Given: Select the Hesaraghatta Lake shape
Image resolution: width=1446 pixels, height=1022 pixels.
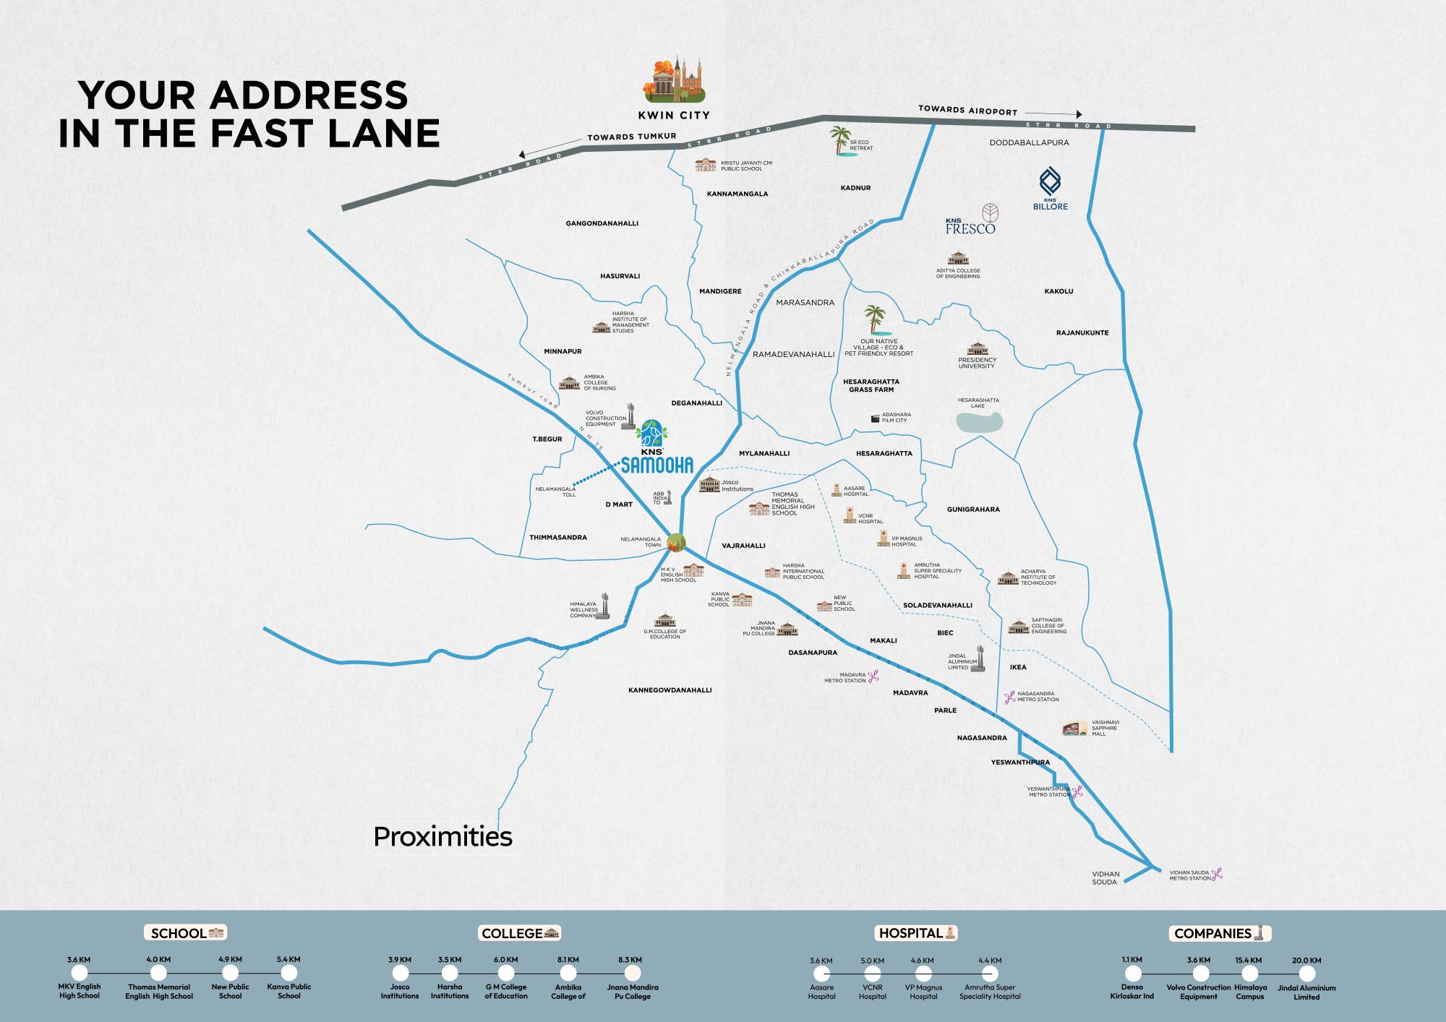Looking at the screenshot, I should [980, 421].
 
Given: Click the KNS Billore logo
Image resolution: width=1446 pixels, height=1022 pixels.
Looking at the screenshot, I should [1050, 189].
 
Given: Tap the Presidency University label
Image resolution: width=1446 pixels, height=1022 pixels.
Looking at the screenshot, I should [977, 363].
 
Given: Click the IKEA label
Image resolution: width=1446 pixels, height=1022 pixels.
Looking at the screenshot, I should [1018, 667].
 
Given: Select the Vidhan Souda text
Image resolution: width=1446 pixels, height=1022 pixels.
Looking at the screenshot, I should [1105, 877].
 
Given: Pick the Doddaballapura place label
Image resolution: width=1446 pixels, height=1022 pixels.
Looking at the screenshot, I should [1029, 142].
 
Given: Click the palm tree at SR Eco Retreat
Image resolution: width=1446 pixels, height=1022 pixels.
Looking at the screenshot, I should [840, 141].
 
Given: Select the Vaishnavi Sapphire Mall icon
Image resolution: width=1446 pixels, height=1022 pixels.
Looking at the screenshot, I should [1074, 728].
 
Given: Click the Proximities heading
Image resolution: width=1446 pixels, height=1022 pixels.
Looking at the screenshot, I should [442, 836].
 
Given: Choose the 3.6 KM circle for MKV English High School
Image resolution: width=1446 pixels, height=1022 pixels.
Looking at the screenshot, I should [79, 974].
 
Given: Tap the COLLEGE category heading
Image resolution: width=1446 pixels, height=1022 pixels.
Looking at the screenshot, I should [520, 933].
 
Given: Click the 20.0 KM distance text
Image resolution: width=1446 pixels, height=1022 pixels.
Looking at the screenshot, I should [1306, 961].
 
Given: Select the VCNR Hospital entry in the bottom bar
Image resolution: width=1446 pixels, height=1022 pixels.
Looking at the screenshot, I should [873, 991].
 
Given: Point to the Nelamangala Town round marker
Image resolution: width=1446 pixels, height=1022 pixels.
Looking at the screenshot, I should [676, 542].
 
